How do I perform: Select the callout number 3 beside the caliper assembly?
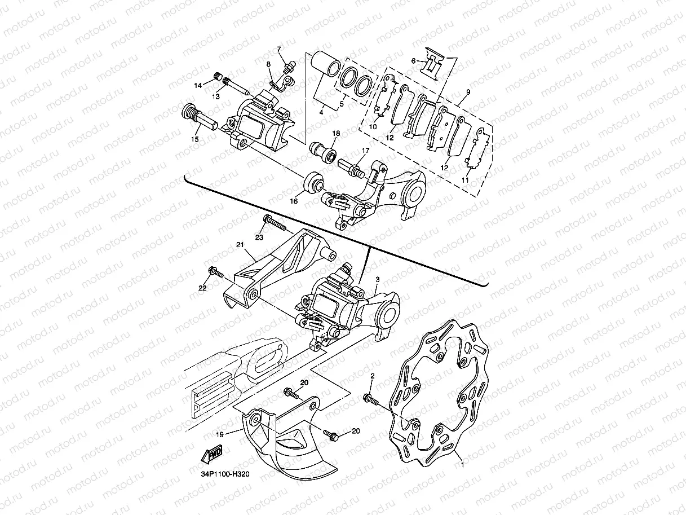pyautogui.click(x=377, y=279)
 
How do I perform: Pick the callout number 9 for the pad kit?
pyautogui.click(x=467, y=91)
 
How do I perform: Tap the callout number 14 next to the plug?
pyautogui.click(x=198, y=86)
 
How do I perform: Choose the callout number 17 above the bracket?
pyautogui.click(x=365, y=151)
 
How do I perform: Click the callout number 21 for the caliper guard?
pyautogui.click(x=240, y=244)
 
